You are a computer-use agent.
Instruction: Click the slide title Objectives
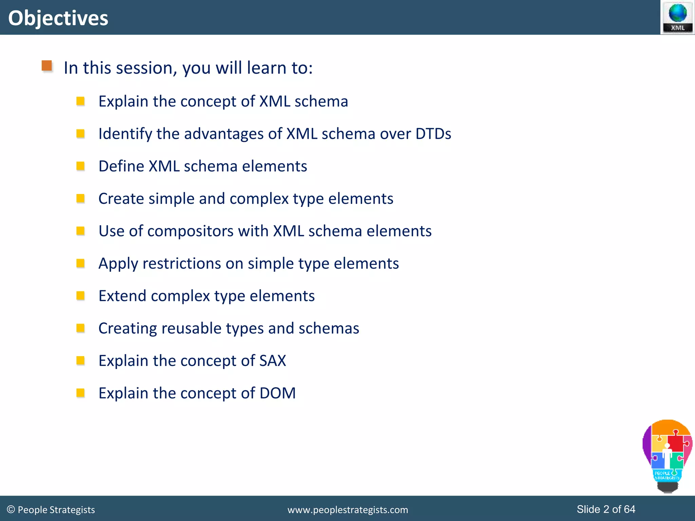[58, 18]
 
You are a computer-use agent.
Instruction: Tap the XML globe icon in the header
[677, 17]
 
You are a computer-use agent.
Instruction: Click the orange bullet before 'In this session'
[47, 65]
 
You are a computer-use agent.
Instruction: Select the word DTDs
[433, 134]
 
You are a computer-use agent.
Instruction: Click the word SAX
[273, 361]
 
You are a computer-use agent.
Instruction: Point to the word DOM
[277, 393]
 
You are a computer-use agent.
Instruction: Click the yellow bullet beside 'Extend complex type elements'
[80, 296]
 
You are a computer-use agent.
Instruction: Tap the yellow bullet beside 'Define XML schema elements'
[80, 166]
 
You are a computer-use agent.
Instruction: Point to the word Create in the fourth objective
[121, 199]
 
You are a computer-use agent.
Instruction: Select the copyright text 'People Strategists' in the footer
[56, 510]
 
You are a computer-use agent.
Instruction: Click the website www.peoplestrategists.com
[347, 510]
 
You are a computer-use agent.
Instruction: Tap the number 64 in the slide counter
[629, 509]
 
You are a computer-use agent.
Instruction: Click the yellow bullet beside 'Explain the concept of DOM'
[80, 393]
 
